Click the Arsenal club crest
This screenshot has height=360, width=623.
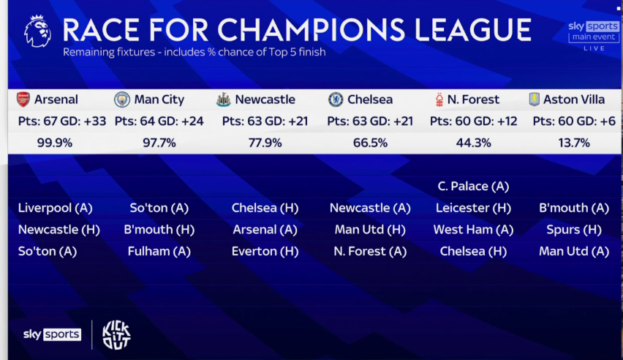(23, 100)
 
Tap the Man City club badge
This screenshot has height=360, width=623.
(122, 100)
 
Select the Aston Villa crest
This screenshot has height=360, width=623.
(533, 100)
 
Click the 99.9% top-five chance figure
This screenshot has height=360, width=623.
(55, 143)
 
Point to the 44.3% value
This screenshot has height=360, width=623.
(473, 143)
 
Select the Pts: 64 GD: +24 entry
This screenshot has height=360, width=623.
(159, 121)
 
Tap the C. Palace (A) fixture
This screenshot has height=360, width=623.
(473, 187)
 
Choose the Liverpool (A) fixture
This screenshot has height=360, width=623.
(56, 208)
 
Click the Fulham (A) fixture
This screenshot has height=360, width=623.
(159, 251)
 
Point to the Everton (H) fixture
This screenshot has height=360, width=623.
(265, 251)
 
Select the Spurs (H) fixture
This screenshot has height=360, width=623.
(574, 230)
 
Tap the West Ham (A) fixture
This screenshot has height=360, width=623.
(473, 230)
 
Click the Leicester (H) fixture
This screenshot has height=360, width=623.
(473, 208)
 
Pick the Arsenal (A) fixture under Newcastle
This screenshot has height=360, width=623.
(265, 230)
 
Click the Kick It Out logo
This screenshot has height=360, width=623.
(116, 334)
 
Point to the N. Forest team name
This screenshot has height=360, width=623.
(474, 100)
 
